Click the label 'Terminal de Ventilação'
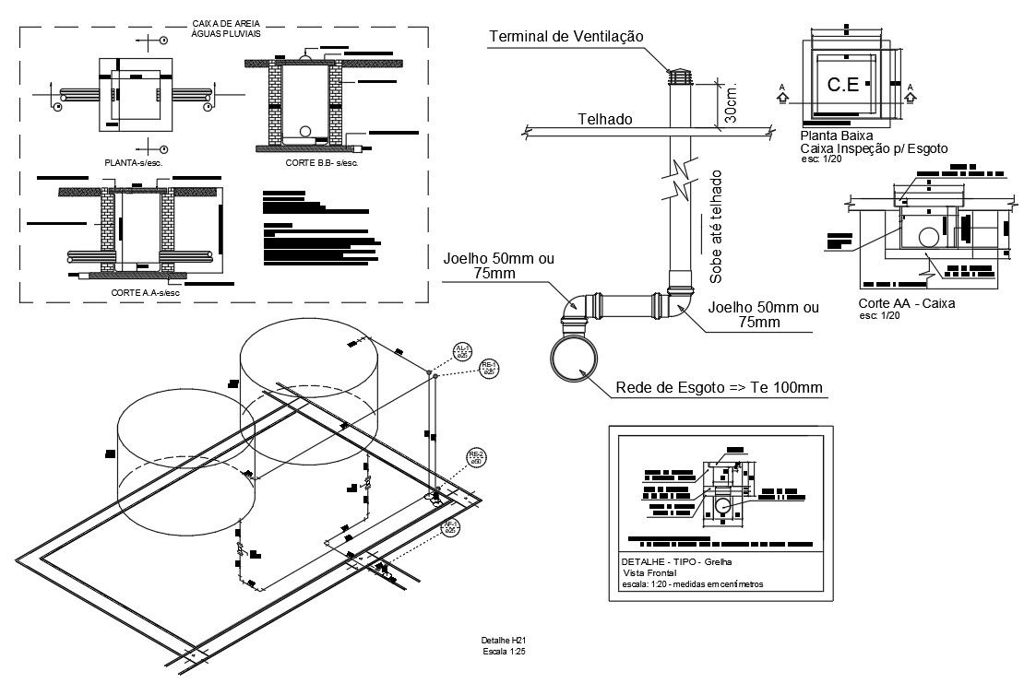566,36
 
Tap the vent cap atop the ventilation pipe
679,76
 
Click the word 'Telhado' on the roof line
604,119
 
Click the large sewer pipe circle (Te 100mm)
575,359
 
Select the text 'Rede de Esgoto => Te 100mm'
718,388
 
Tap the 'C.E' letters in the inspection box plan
842,85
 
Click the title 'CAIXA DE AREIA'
225,23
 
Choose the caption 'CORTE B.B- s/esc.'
321,163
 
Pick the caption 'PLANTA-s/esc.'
135,162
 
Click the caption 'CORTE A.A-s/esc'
145,291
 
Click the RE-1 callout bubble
489,369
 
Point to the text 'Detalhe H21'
503,641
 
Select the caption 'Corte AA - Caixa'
906,303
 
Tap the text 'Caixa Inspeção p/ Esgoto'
873,147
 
